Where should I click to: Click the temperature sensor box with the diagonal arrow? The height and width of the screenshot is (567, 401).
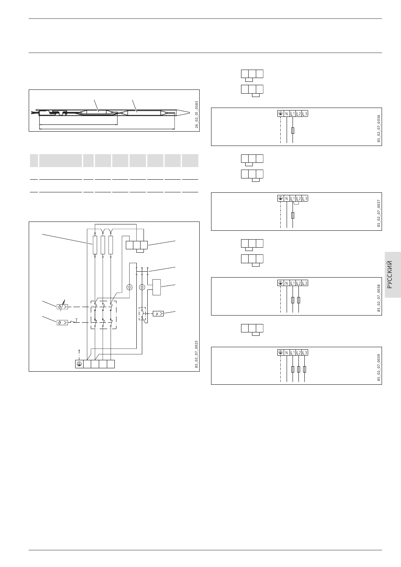[62, 306]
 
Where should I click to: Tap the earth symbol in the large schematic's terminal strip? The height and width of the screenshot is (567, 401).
[79, 364]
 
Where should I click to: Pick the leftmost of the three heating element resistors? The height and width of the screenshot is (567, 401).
[95, 245]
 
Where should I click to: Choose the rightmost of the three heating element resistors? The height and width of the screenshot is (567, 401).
[111, 245]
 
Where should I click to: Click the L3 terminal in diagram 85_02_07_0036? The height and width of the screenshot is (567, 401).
[305, 113]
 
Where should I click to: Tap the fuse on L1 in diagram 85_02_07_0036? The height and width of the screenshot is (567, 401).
[293, 131]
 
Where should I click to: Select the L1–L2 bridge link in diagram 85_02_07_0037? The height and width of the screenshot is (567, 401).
[296, 203]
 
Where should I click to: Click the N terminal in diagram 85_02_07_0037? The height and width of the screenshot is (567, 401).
[287, 198]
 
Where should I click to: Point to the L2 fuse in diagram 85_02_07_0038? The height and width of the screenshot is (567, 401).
[298, 300]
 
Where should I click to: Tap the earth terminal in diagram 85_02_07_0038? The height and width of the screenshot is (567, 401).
[280, 283]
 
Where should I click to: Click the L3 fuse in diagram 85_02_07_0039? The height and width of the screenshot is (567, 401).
[305, 369]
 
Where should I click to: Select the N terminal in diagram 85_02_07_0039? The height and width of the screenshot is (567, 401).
[287, 352]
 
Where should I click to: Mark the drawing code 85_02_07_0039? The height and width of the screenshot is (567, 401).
[379, 365]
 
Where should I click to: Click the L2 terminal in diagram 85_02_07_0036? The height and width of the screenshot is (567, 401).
[299, 113]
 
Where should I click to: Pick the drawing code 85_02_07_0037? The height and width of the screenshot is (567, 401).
[379, 211]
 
